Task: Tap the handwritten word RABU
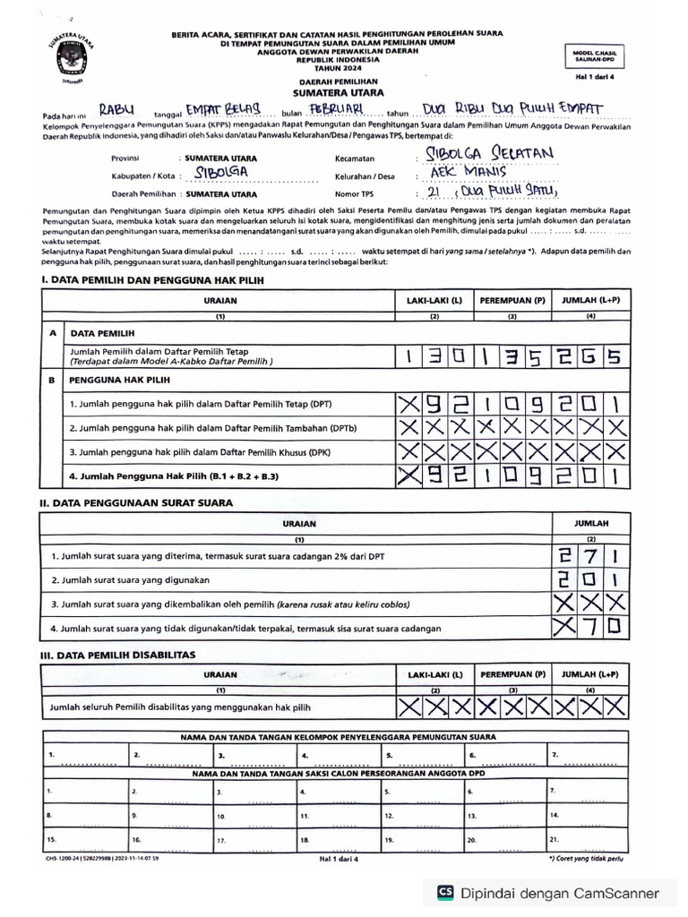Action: pyautogui.click(x=116, y=109)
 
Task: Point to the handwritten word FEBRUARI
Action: pyautogui.click(x=334, y=108)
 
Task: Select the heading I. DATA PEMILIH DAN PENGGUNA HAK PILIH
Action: pyautogui.click(x=152, y=280)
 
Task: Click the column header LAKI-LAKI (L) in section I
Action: pyautogui.click(x=434, y=301)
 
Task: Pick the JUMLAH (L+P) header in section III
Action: pyautogui.click(x=590, y=673)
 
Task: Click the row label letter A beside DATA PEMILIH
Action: pyautogui.click(x=52, y=332)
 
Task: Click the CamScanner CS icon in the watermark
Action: pyautogui.click(x=445, y=892)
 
